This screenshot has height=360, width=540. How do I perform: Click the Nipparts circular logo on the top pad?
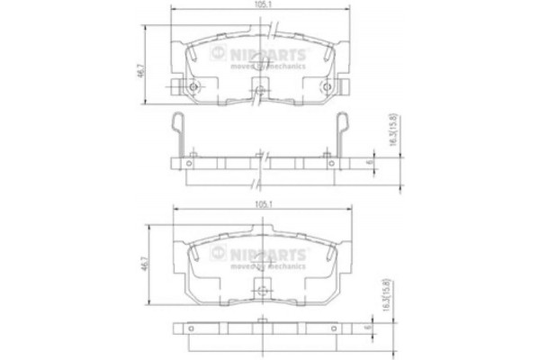(x=217, y=56)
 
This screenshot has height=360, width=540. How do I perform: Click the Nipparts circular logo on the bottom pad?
(x=217, y=255)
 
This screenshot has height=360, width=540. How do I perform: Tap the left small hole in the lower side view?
(x=192, y=327)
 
